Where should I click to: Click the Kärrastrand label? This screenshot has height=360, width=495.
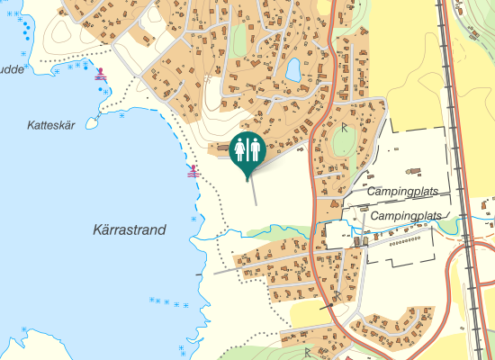click(x=130, y=230)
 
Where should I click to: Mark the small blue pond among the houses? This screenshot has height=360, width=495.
click(x=293, y=68)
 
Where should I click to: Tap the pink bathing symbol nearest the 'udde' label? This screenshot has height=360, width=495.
click(x=101, y=76)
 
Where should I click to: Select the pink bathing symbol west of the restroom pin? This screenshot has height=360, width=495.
click(x=192, y=171)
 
